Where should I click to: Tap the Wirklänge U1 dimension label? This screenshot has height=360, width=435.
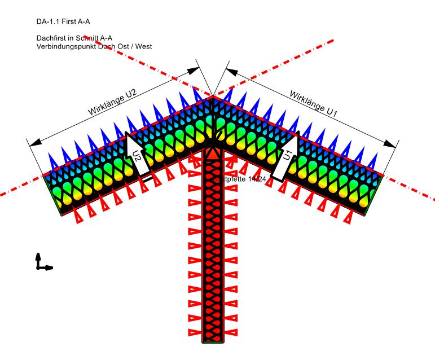click(x=313, y=103)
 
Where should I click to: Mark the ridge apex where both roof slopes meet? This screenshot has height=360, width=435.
click(x=213, y=97)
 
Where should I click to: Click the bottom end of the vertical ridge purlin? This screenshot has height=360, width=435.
click(x=213, y=340)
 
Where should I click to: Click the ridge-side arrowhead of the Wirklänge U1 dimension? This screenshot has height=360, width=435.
click(x=231, y=72)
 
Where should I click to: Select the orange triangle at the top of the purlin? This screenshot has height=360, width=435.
click(x=213, y=153)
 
